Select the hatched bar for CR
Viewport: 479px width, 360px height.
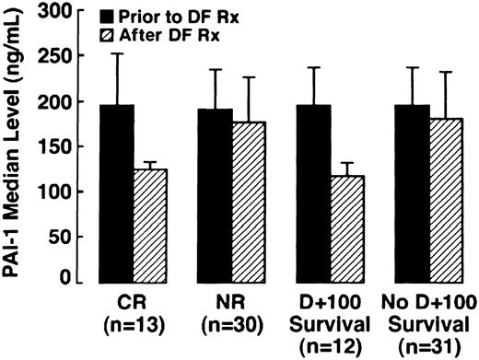[x=149, y=226]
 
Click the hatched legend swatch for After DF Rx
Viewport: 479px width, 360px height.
[x=120, y=35]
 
